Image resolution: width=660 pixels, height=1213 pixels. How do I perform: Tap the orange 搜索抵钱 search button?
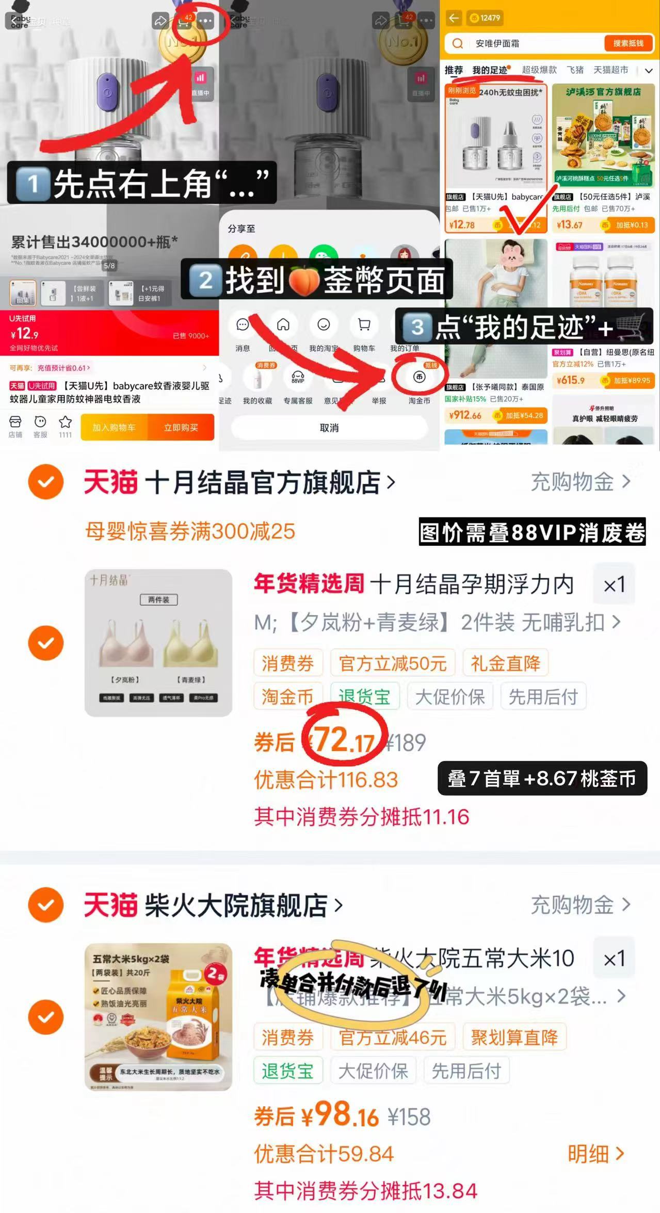point(628,43)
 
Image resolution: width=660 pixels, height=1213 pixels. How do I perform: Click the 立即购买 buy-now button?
point(181,428)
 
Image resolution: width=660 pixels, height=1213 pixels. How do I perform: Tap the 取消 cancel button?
point(329,428)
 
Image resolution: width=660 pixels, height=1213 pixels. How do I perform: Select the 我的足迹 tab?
point(490,70)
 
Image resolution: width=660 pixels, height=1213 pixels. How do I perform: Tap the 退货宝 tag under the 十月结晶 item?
point(364,697)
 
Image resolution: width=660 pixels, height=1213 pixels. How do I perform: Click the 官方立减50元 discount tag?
point(393,663)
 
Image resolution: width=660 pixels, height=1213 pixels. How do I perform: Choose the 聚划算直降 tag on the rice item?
point(514,1037)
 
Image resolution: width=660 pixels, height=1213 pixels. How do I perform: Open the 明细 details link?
point(596,1154)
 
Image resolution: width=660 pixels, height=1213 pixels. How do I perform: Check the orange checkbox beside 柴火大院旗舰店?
point(46,904)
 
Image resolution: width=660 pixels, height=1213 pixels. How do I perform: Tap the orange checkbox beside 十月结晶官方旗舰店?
point(46,481)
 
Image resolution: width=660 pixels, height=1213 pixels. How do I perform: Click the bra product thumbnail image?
point(158,642)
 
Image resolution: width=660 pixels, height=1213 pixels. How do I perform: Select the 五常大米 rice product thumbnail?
point(158,1016)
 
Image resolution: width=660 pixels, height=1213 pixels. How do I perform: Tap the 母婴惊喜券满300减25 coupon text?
point(190,531)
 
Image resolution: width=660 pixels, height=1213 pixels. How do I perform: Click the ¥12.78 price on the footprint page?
point(462,225)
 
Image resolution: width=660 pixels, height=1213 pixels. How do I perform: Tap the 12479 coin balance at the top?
point(485,18)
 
